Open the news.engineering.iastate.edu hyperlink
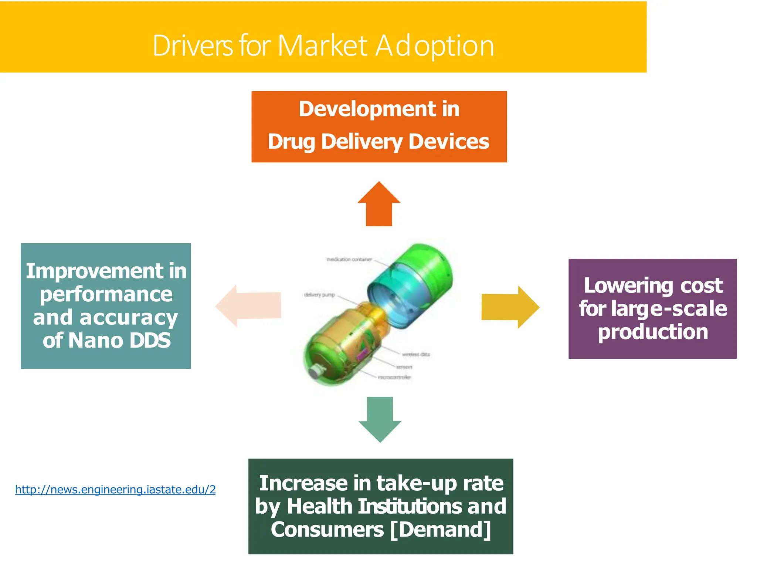[115, 490]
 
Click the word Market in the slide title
[322, 46]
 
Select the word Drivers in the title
[193, 46]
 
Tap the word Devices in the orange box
[449, 142]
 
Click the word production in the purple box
[653, 332]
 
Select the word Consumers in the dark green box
[327, 529]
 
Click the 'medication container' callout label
[349, 260]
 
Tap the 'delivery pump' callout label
[319, 295]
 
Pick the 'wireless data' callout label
[416, 354]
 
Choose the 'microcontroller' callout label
[394, 377]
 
